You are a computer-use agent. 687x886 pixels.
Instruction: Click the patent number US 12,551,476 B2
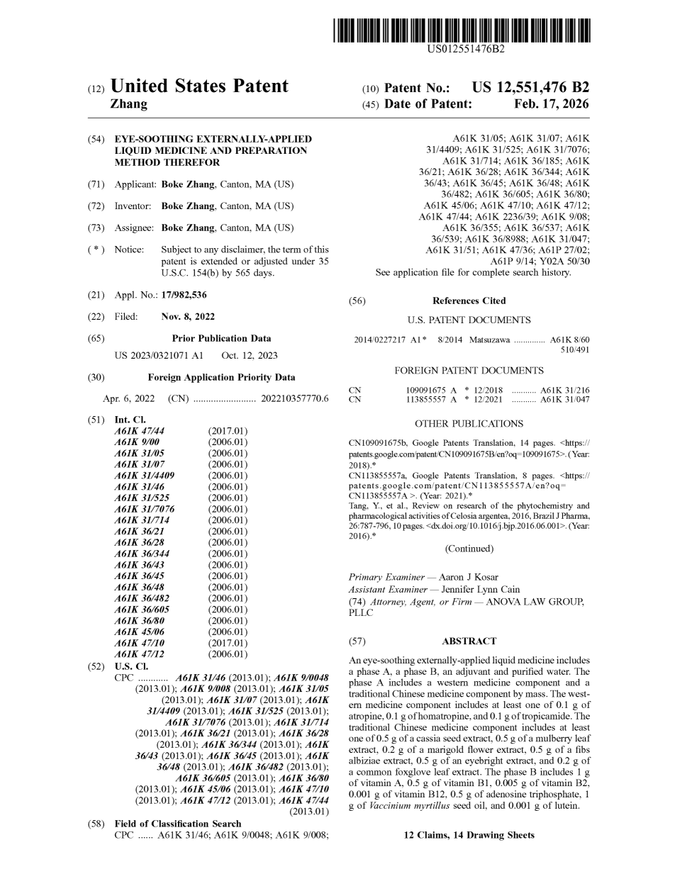pos(530,88)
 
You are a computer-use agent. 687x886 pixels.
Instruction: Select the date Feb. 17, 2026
pos(551,104)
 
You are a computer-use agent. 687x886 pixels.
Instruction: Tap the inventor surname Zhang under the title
pos(129,104)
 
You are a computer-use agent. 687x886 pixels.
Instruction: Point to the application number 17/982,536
pos(184,295)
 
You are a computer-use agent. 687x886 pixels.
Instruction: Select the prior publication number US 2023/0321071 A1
pos(159,356)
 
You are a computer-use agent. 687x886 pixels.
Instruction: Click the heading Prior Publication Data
pos(221,339)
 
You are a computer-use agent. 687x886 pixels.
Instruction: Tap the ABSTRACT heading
pos(469,641)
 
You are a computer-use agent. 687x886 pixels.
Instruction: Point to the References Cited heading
pos(469,301)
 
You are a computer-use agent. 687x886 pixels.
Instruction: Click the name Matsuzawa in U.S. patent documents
pos(489,340)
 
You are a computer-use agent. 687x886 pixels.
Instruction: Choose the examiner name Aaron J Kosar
pos(469,578)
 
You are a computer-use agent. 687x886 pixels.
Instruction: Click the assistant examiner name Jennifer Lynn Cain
pos(480,590)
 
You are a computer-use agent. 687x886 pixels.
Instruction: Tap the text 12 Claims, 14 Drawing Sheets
pos(469,836)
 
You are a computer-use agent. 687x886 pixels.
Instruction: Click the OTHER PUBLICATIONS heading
pos(469,424)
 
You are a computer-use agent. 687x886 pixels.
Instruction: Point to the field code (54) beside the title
pos(96,140)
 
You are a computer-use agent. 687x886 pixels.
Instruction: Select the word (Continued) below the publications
pos(469,549)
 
